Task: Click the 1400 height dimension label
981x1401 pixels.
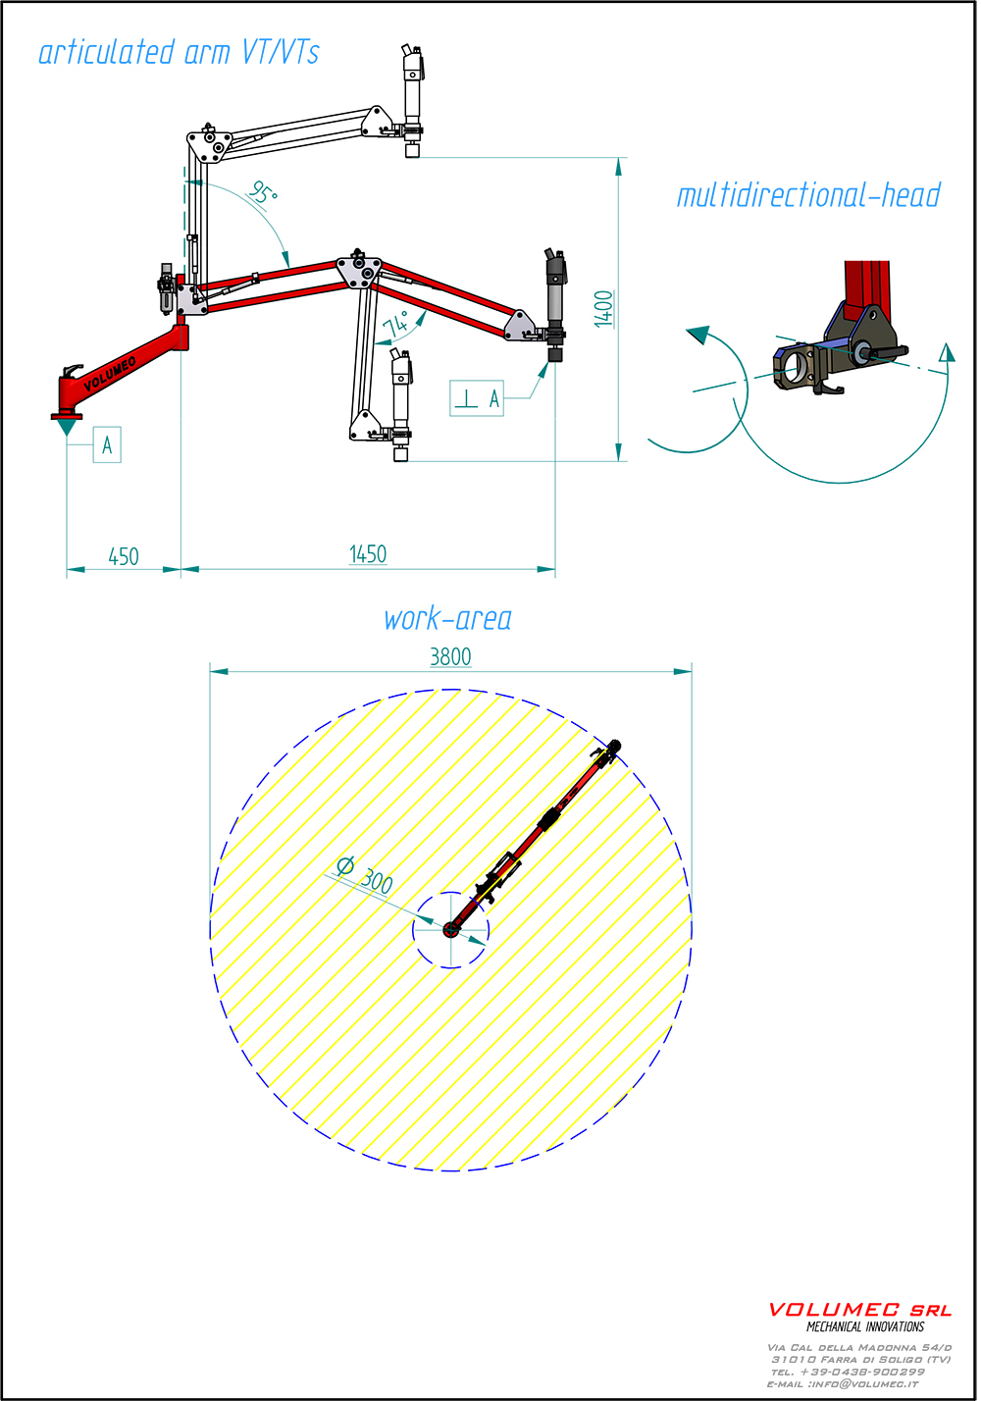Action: coord(604,309)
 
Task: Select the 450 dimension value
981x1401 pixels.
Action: coord(124,556)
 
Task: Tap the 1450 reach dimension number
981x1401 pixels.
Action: coord(368,554)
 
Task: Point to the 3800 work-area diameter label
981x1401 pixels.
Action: coord(450,656)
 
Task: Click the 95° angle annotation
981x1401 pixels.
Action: coord(262,192)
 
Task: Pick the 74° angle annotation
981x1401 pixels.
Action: coord(395,324)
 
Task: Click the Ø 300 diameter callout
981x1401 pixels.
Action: coord(365,875)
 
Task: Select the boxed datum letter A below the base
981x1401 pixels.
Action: coord(107,444)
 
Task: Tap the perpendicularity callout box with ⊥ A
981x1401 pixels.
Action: coord(477,397)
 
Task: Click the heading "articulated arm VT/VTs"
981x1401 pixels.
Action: coord(179,52)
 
